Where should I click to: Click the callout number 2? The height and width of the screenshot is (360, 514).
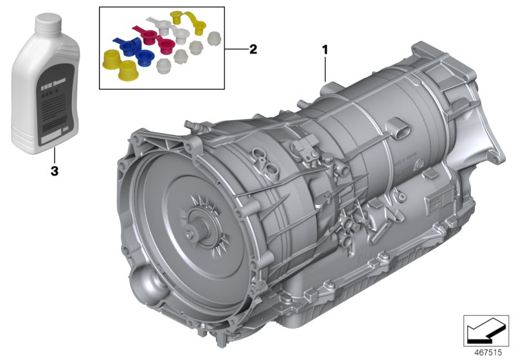click(253, 49)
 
